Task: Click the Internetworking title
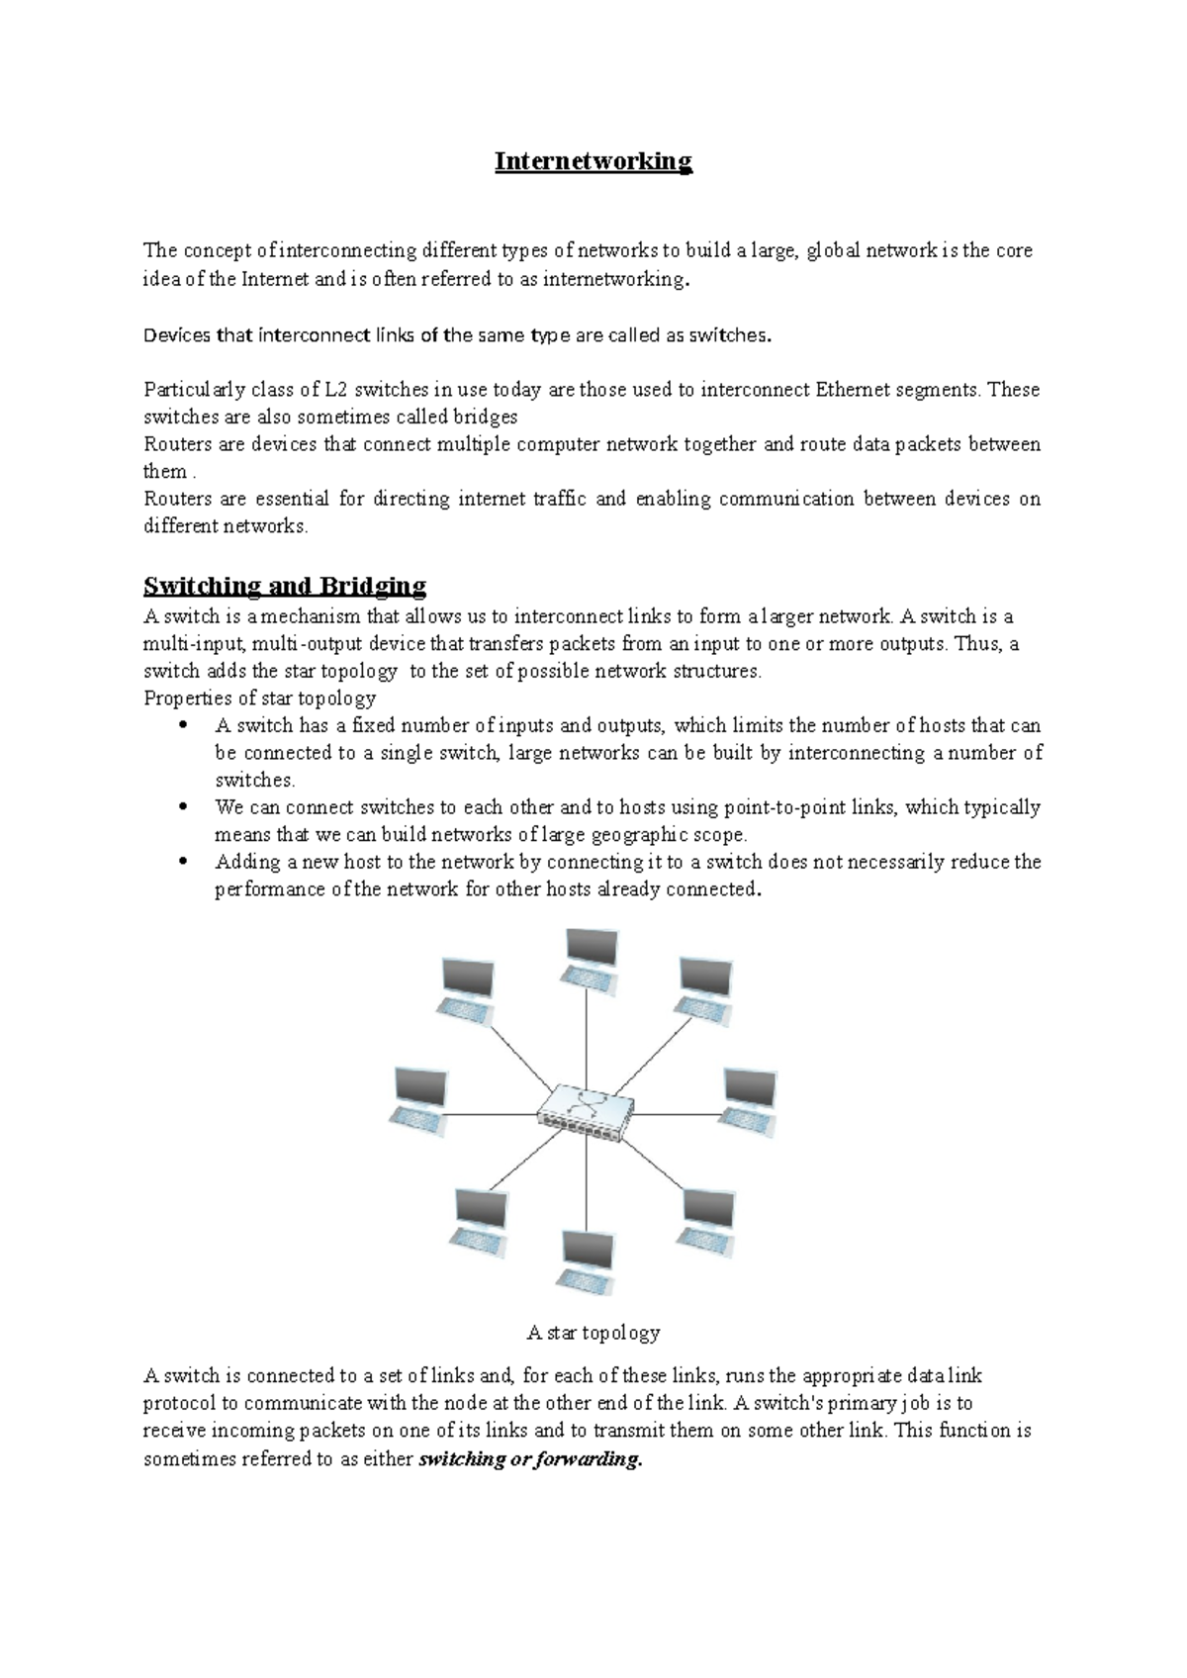tap(593, 161)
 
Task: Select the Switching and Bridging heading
tap(285, 586)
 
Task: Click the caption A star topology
tap(593, 1333)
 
